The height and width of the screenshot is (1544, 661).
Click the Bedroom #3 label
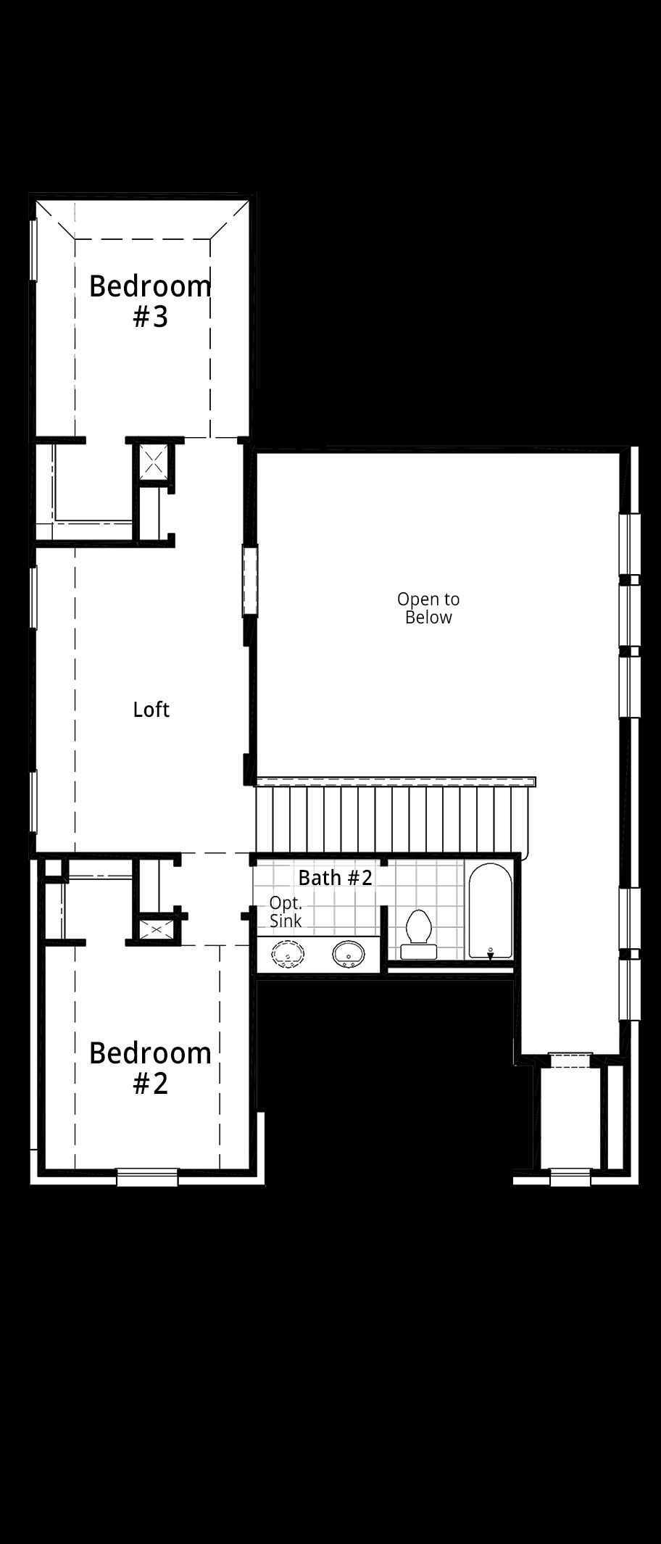[x=150, y=302]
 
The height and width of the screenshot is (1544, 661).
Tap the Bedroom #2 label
[x=150, y=1068]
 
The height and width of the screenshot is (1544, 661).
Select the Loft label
[x=151, y=709]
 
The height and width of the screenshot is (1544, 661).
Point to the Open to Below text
[x=428, y=608]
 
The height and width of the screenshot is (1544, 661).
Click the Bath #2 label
[x=335, y=877]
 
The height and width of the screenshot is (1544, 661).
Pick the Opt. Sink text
[x=286, y=912]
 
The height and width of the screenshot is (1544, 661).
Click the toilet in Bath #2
[x=417, y=935]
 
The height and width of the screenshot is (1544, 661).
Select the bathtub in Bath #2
[x=490, y=910]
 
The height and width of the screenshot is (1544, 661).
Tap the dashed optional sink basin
[x=288, y=955]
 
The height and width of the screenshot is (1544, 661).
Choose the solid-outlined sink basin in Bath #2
[x=349, y=955]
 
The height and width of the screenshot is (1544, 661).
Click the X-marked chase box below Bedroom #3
[x=154, y=461]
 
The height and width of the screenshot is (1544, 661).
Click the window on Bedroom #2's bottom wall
[x=147, y=1177]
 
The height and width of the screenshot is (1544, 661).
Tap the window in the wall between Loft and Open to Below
[x=250, y=581]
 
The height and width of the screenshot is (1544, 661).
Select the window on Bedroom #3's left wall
[x=33, y=249]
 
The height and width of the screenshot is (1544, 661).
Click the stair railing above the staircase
[x=396, y=781]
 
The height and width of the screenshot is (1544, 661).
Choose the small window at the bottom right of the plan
[x=570, y=1177]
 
